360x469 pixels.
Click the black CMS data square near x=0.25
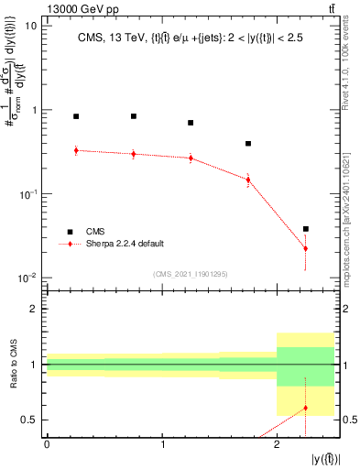click(76, 116)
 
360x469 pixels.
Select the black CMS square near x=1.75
click(248, 144)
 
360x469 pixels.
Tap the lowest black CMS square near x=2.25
click(306, 229)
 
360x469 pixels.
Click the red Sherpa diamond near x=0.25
click(76, 150)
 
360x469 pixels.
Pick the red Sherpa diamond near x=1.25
click(191, 158)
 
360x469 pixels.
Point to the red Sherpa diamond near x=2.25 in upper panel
click(306, 248)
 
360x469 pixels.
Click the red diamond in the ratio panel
click(306, 408)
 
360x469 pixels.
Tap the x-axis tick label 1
click(162, 444)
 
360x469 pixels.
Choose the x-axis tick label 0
click(47, 444)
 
